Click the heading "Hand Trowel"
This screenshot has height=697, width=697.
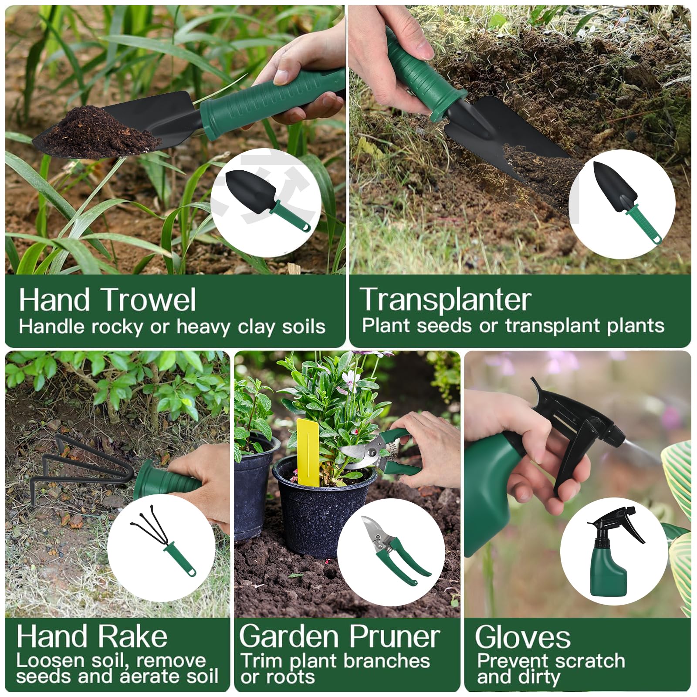click(107, 300)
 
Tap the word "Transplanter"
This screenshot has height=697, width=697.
click(445, 300)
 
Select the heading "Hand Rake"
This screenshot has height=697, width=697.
click(92, 637)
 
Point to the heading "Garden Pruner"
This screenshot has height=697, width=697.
click(339, 636)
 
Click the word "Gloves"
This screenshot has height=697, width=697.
click(522, 637)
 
